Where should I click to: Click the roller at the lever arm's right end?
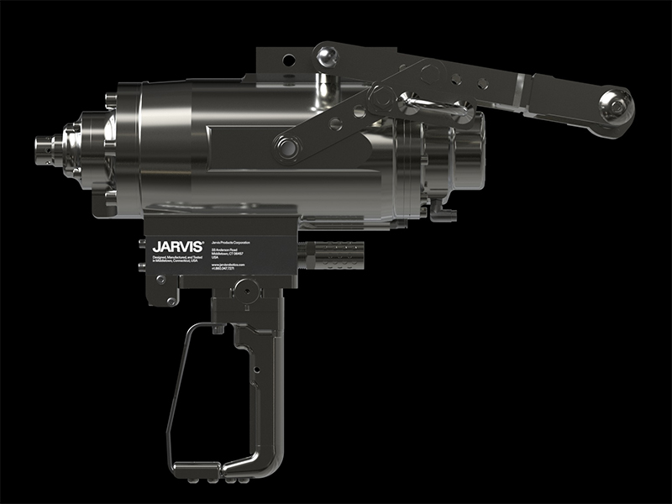[x=615, y=108]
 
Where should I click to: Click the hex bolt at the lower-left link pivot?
[x=291, y=149]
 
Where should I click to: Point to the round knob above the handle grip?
[x=244, y=290]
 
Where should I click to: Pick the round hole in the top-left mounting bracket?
[x=287, y=60]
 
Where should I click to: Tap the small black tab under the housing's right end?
[x=445, y=214]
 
